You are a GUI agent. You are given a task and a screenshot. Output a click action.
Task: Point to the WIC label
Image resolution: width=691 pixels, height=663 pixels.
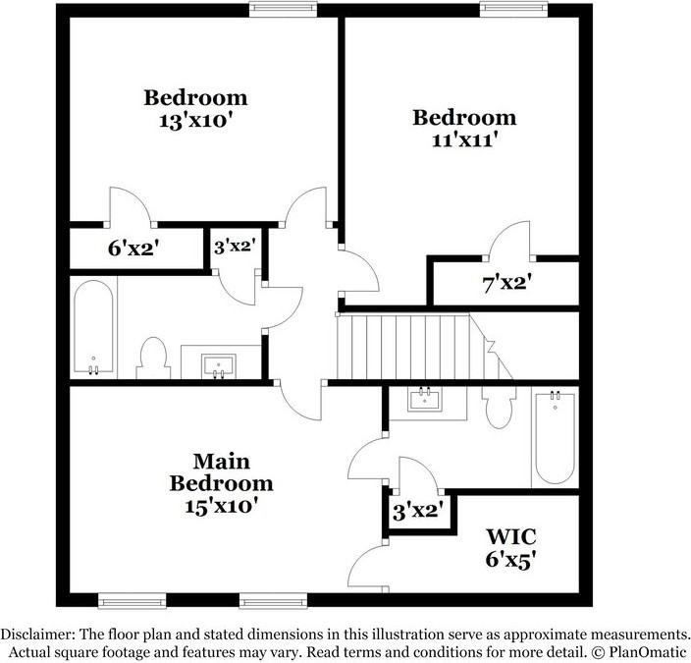(511, 537)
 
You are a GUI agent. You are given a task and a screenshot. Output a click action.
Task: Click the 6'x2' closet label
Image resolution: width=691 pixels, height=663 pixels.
(133, 249)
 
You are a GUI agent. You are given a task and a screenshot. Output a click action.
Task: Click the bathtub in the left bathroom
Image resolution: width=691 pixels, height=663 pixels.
(94, 328)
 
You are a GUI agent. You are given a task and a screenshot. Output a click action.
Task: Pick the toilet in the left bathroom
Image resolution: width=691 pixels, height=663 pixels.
(153, 356)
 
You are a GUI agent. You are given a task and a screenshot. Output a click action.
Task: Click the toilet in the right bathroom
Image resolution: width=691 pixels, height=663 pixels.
(501, 404)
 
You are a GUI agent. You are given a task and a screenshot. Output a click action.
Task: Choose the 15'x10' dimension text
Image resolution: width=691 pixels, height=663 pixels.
(220, 508)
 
